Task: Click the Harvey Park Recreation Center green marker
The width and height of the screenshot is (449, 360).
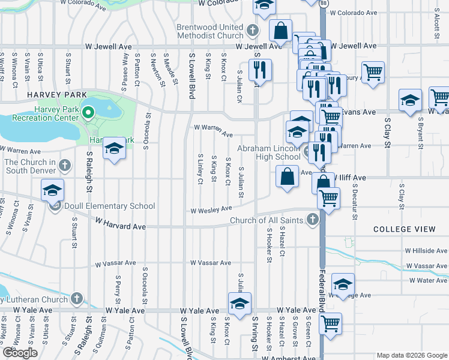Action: pyautogui.click(x=88, y=112)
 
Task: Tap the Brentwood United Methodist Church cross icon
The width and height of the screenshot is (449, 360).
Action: pyautogui.click(x=253, y=29)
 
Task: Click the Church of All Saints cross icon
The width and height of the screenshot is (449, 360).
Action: pyautogui.click(x=311, y=220)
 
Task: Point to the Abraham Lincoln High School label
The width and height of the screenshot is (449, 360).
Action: pyautogui.click(x=268, y=152)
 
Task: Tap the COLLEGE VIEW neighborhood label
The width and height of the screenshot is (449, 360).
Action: pyautogui.click(x=405, y=229)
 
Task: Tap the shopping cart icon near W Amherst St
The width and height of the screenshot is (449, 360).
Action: pyautogui.click(x=330, y=323)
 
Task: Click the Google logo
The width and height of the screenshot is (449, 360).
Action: pyautogui.click(x=20, y=353)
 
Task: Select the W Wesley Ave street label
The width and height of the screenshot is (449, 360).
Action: pyautogui.click(x=211, y=209)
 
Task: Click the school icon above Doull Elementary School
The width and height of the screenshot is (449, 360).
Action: pyautogui.click(x=52, y=191)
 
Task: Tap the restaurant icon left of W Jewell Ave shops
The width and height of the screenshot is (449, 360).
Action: pyautogui.click(x=261, y=69)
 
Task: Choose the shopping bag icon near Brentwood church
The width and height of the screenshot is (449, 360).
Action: pyautogui.click(x=280, y=30)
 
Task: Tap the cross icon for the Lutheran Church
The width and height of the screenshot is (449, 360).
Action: pyautogui.click(x=76, y=298)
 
